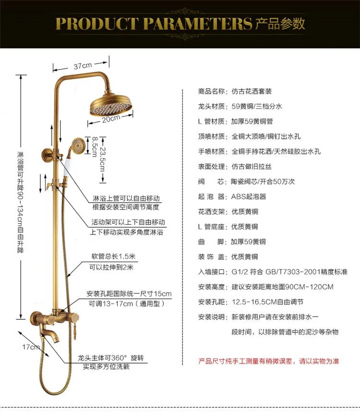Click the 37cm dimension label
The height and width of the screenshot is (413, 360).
click(83, 65)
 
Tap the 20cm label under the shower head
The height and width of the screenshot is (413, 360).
click(111, 119)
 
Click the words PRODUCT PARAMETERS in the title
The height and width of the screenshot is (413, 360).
click(154, 23)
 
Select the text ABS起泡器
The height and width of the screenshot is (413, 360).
click(249, 196)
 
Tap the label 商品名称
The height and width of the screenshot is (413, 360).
click(211, 91)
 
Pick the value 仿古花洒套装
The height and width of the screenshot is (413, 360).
click(252, 91)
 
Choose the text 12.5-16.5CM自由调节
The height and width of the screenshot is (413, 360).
click(267, 302)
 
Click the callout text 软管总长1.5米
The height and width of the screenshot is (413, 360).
click(114, 255)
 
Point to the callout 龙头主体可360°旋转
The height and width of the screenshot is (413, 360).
click(111, 358)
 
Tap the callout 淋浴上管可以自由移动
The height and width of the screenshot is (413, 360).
click(126, 198)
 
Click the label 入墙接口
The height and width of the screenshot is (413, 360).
click(211, 272)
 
